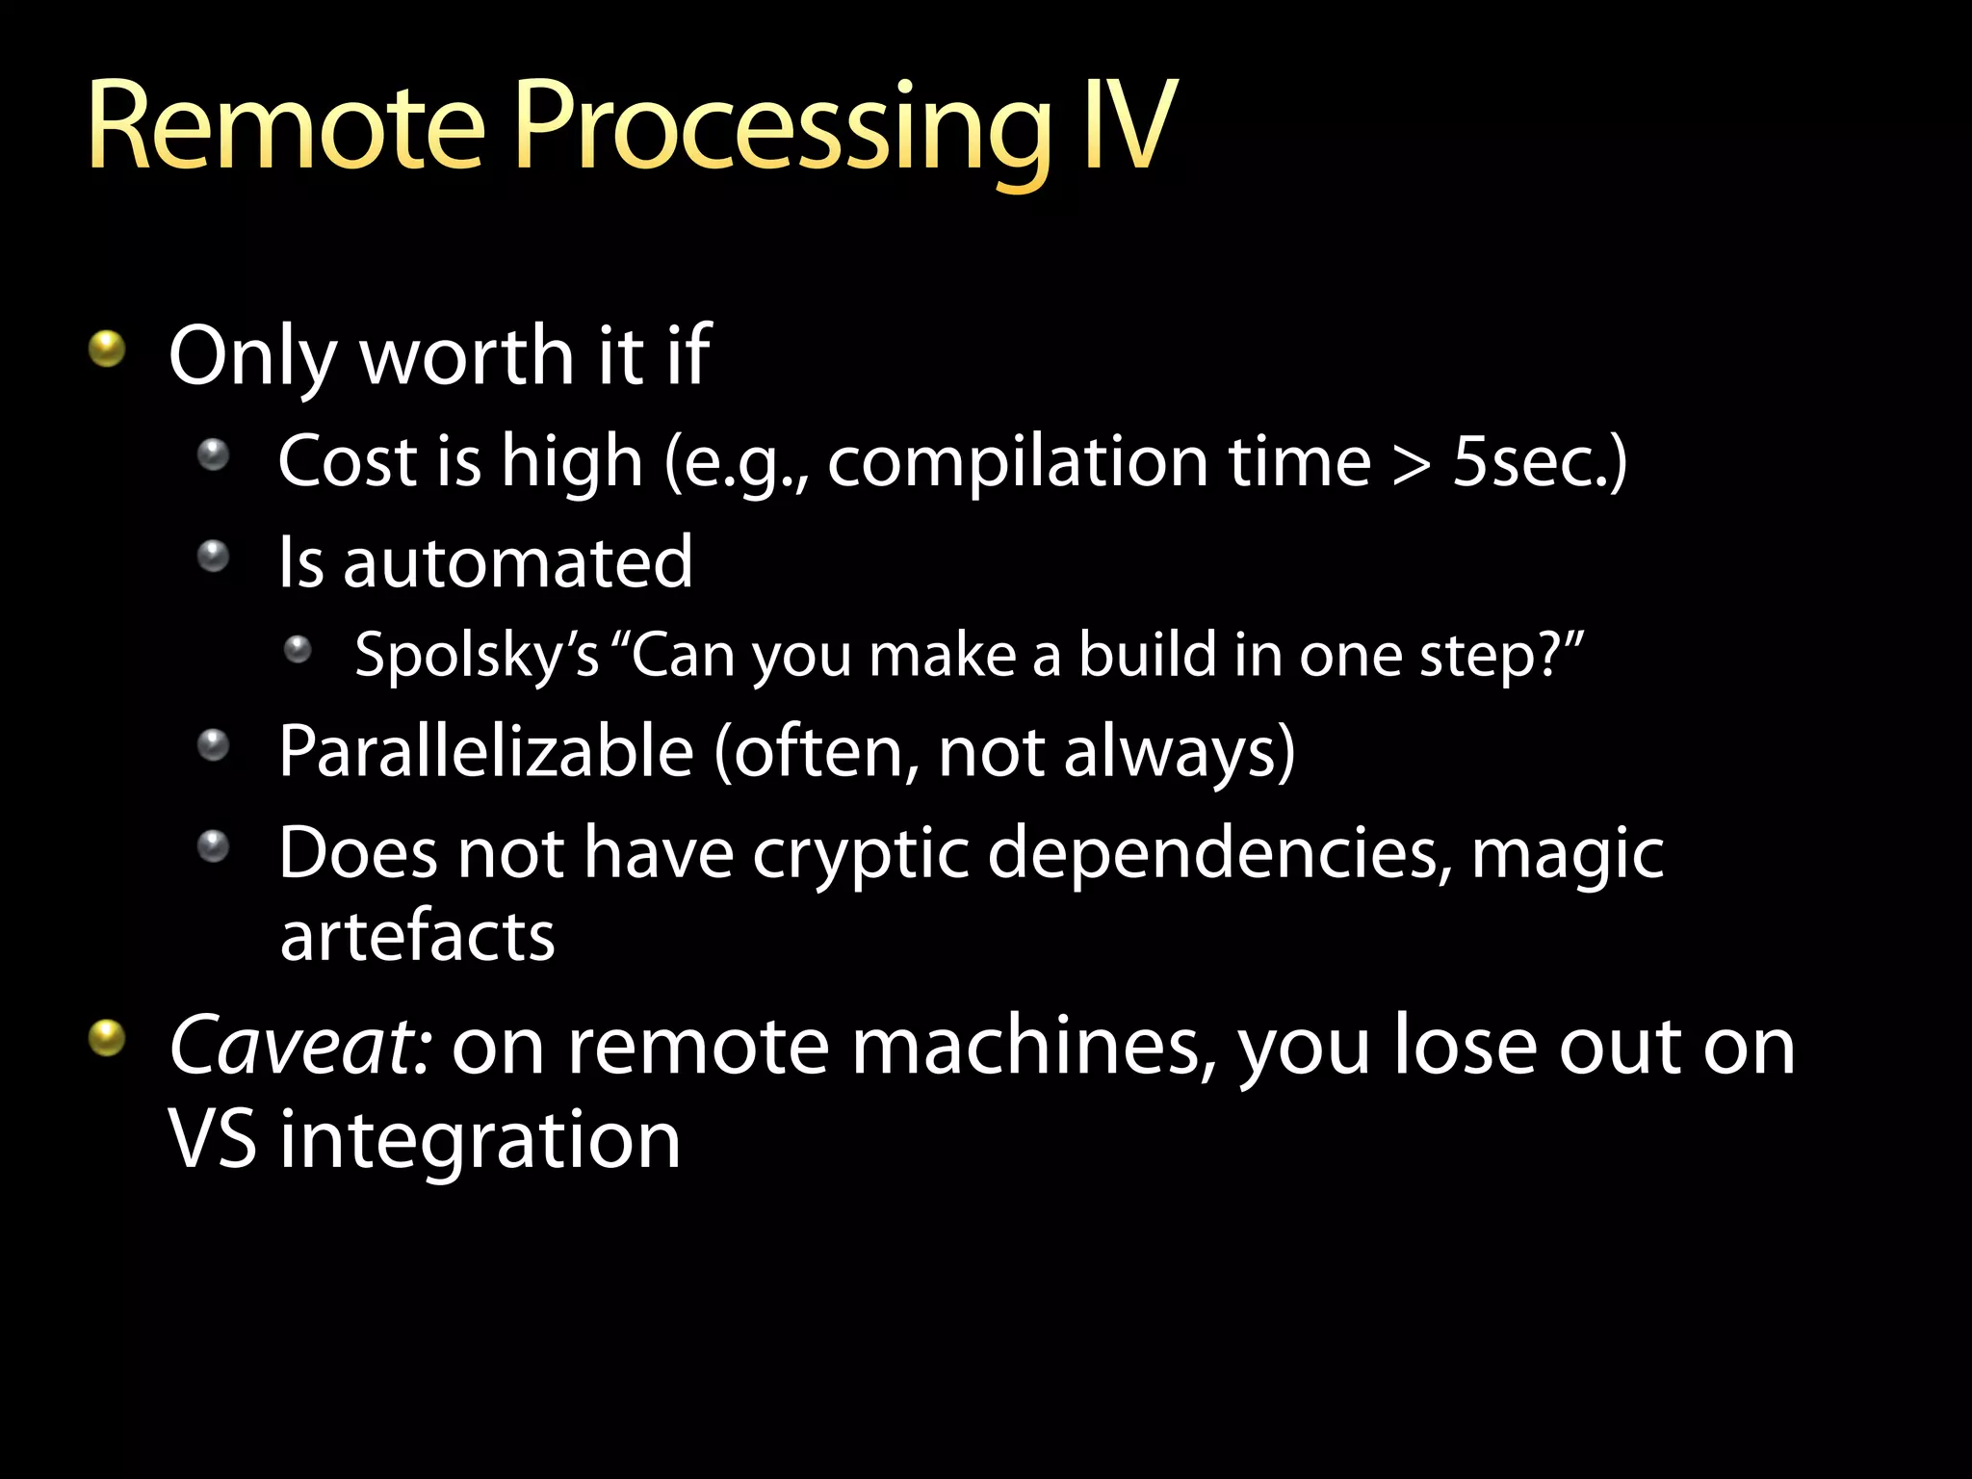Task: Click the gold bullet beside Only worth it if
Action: pyautogui.click(x=107, y=349)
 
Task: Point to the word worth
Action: pyautogui.click(x=468, y=356)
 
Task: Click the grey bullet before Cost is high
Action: pyautogui.click(x=213, y=454)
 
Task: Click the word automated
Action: pyautogui.click(x=518, y=563)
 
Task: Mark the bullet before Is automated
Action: pyautogui.click(x=213, y=556)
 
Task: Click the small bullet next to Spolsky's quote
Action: pyautogui.click(x=298, y=651)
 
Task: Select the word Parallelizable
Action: pyautogui.click(x=486, y=752)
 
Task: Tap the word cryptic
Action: pyautogui.click(x=860, y=854)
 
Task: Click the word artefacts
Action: pyautogui.click(x=417, y=937)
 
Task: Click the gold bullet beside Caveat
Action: pyautogui.click(x=107, y=1039)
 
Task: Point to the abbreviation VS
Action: pyautogui.click(x=213, y=1139)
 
